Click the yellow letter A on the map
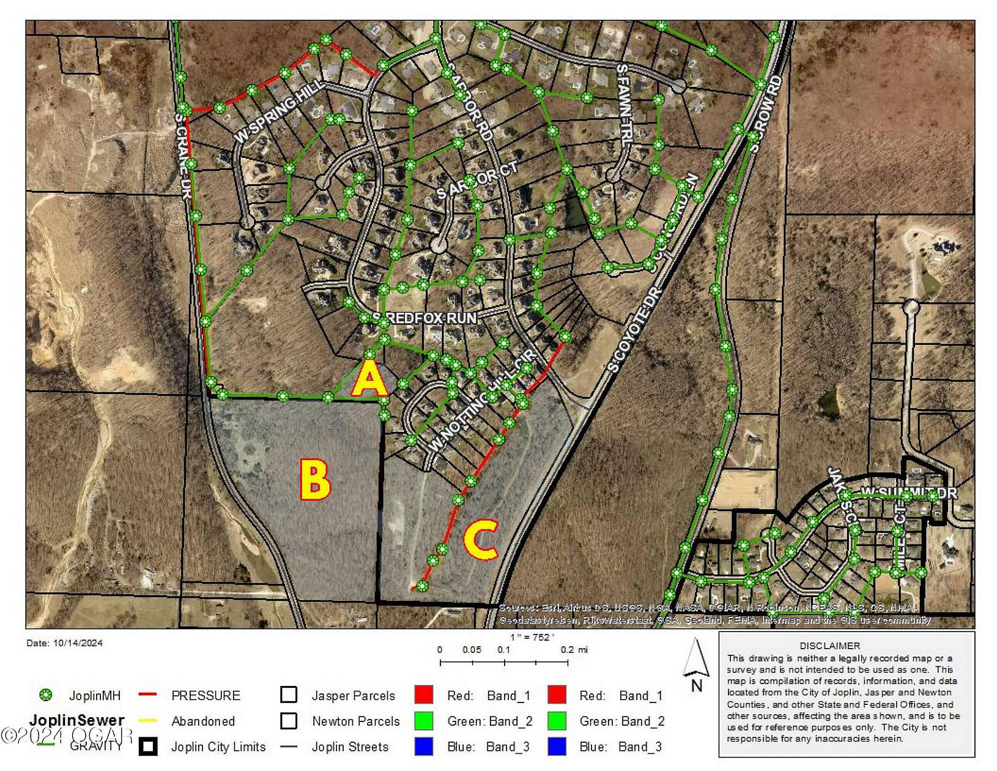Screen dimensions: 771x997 click(369, 379)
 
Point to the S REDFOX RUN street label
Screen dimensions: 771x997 click(424, 318)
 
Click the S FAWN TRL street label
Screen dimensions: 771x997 click(623, 105)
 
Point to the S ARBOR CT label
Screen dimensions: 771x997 click(476, 181)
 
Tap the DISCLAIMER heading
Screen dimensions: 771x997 click(829, 646)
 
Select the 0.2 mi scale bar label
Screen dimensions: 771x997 click(574, 650)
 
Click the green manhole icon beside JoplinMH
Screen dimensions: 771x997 click(45, 695)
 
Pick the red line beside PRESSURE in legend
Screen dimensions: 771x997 click(148, 695)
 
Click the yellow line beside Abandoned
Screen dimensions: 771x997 click(148, 721)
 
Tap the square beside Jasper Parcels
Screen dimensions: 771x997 click(289, 695)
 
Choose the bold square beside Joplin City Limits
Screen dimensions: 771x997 click(148, 747)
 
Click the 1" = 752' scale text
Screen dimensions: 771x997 click(532, 637)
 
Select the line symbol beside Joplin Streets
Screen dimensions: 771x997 click(289, 747)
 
